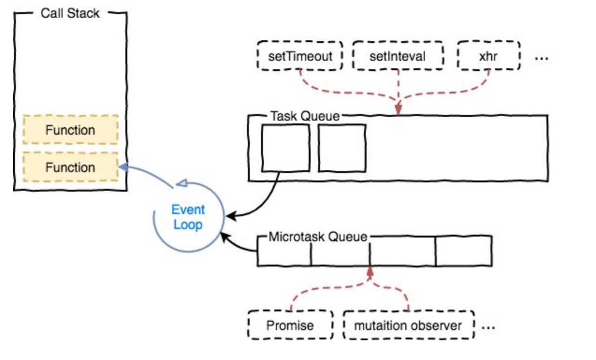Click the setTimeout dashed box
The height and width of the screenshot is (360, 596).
(300, 57)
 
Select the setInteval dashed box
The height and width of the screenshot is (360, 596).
(397, 57)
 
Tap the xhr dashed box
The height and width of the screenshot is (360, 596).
(488, 57)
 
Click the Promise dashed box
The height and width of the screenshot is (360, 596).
(290, 325)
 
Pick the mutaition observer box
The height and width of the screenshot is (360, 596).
(408, 325)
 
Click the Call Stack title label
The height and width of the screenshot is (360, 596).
(70, 13)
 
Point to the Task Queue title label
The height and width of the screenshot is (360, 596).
(305, 116)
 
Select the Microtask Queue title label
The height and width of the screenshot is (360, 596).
(318, 237)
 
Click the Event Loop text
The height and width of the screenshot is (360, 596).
(188, 217)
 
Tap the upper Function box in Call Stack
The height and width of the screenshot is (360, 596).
(70, 130)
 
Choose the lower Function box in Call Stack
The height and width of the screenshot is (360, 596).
(70, 167)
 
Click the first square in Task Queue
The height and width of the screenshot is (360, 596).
(285, 148)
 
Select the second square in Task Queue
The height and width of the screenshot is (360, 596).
(342, 148)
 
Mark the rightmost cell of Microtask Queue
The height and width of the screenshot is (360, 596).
(463, 251)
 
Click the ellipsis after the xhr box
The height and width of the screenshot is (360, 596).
(541, 58)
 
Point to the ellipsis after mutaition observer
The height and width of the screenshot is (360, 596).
(488, 327)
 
